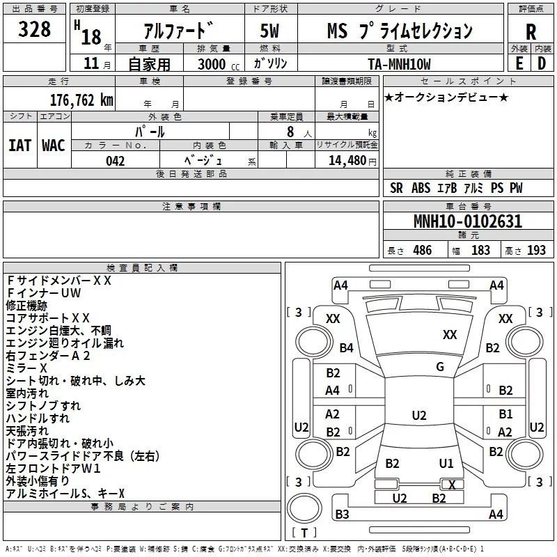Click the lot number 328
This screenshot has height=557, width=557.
coord(34,30)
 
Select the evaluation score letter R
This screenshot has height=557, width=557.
coord(531,32)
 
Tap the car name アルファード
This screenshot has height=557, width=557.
coord(178,31)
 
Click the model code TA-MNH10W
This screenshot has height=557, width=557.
coord(399,64)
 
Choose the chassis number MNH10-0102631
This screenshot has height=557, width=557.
coord(467,222)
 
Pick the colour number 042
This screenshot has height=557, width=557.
coord(116,161)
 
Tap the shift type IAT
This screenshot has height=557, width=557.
coord(19,146)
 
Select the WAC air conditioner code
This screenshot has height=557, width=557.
coord(53,146)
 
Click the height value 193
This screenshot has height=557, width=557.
coord(536,251)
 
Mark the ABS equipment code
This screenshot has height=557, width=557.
coord(421,188)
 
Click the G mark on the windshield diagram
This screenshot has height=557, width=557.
coord(440,367)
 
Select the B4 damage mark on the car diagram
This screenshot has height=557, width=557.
coord(346,347)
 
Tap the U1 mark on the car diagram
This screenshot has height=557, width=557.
coord(446,463)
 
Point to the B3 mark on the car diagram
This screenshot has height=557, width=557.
coord(342,515)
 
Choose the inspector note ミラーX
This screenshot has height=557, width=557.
coord(26,368)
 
